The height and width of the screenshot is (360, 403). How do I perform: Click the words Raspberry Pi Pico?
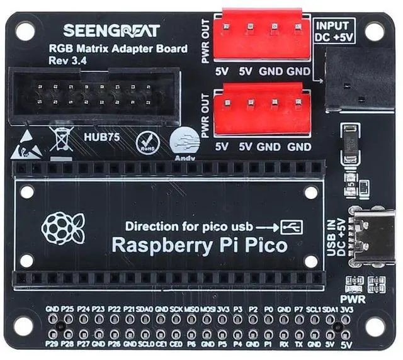click(199, 245)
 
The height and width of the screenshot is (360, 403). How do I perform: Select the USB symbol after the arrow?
click(293, 226)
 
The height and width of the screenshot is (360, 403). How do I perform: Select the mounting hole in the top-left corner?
click(26, 29)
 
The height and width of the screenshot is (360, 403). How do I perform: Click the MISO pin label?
click(191, 310)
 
